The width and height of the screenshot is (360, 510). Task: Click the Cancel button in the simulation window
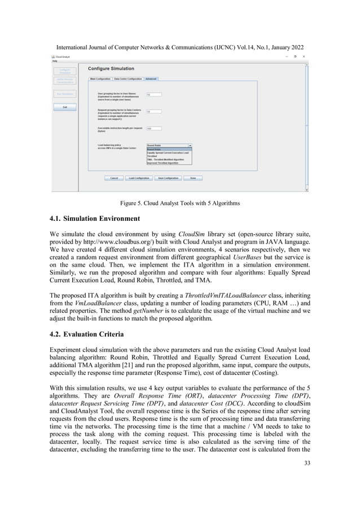point(113,178)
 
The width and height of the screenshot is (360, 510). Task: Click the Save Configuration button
point(168,178)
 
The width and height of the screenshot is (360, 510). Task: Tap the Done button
point(193,178)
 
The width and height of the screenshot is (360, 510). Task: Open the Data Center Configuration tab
point(128,79)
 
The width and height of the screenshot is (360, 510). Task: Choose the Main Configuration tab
point(100,79)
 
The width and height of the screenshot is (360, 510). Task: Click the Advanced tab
point(151,79)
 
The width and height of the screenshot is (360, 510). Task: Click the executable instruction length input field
point(153,128)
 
